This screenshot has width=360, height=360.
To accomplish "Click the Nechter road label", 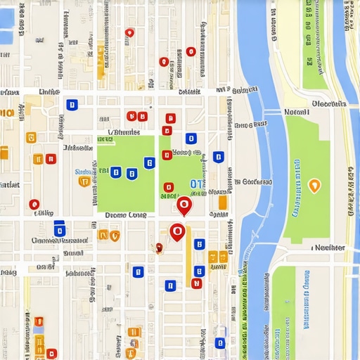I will point(329,247).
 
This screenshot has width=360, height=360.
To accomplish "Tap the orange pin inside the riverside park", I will point(314,186).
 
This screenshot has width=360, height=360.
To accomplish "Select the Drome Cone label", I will point(125,215).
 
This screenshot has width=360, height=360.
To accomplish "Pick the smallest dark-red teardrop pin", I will point(159,247).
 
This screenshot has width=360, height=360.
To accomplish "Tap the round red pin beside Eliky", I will point(34,205).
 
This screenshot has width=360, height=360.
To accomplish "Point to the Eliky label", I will point(44,212).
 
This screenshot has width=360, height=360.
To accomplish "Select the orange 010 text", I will point(6,112).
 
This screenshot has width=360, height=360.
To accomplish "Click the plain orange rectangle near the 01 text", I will point(223,202).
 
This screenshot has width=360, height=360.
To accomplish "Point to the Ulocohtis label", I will point(328,103).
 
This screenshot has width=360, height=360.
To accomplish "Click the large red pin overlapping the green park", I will point(184,205).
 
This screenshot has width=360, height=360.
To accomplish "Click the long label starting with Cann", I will point(60,240).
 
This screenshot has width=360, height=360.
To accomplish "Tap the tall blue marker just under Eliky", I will point(60,229).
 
